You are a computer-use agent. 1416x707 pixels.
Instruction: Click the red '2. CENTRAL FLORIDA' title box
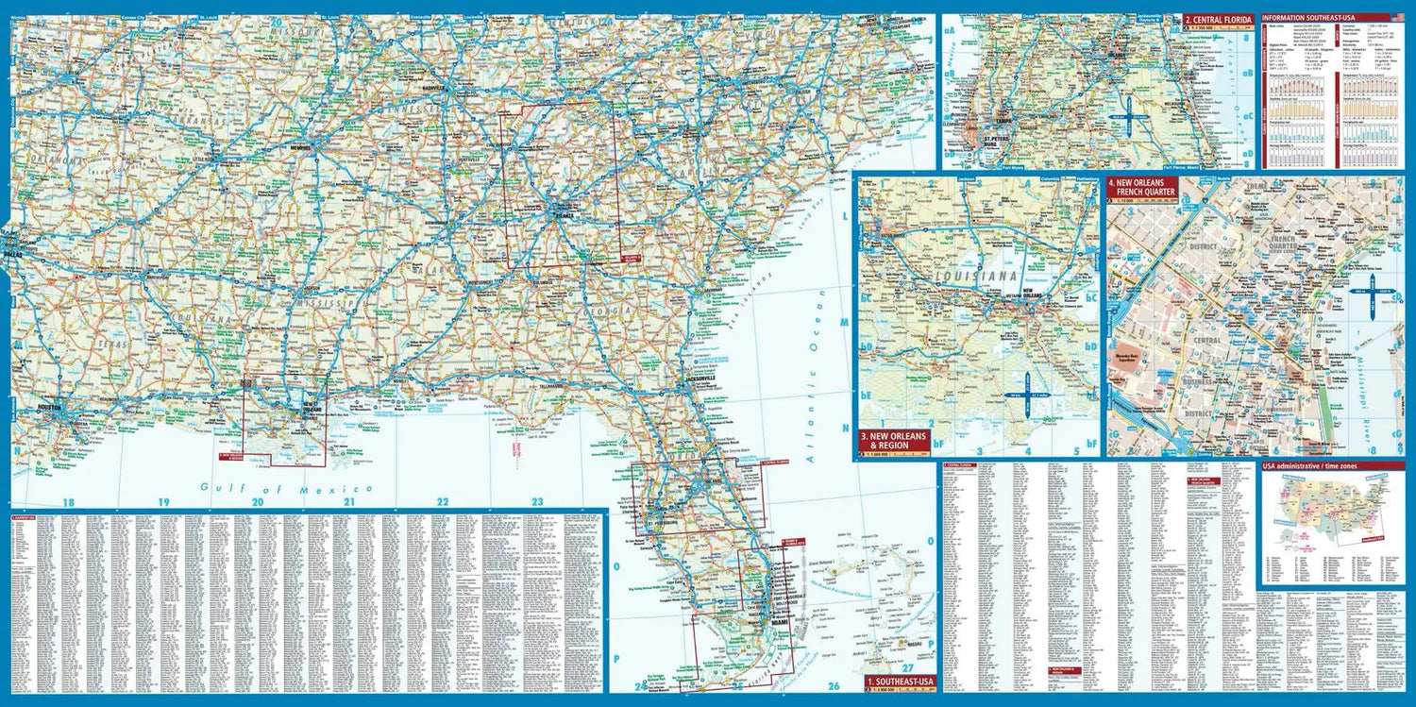[1218, 19]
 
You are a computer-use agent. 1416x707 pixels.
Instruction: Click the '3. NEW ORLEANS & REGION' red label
[894, 440]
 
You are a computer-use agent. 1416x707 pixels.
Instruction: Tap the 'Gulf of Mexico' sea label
[286, 488]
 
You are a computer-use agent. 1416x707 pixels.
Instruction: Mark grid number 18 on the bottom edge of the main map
[67, 502]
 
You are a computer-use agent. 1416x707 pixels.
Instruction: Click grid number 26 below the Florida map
[833, 685]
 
